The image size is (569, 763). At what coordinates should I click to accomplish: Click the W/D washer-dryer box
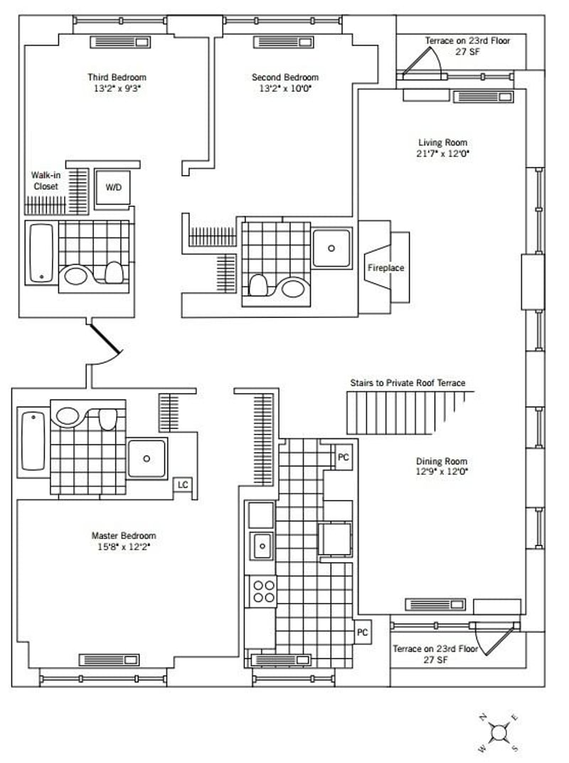(x=112, y=188)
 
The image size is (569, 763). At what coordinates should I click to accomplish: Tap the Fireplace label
(x=385, y=267)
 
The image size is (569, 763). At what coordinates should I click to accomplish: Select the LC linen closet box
(x=183, y=485)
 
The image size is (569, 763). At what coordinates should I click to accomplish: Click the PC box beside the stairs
(x=344, y=457)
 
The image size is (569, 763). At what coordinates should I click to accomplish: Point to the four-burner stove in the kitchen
(x=263, y=591)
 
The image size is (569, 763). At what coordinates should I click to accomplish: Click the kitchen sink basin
(x=262, y=546)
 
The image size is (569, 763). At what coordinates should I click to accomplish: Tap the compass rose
(x=499, y=732)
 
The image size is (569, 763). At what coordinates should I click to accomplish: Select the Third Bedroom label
(x=117, y=78)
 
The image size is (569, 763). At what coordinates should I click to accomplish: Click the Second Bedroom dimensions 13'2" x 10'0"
(x=285, y=89)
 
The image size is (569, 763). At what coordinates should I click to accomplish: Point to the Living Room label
(x=443, y=143)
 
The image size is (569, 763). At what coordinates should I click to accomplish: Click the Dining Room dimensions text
(x=442, y=471)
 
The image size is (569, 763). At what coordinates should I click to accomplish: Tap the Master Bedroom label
(x=124, y=535)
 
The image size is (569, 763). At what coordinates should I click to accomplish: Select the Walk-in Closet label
(x=46, y=181)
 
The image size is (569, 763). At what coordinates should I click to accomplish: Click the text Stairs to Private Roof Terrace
(x=408, y=383)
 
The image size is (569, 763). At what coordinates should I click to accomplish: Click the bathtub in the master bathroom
(x=33, y=442)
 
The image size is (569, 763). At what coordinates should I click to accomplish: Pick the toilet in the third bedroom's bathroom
(x=115, y=272)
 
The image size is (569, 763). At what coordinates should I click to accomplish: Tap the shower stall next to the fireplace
(x=331, y=248)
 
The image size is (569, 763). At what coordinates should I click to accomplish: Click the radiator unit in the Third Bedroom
(x=120, y=43)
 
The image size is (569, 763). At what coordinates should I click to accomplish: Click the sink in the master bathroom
(x=68, y=416)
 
